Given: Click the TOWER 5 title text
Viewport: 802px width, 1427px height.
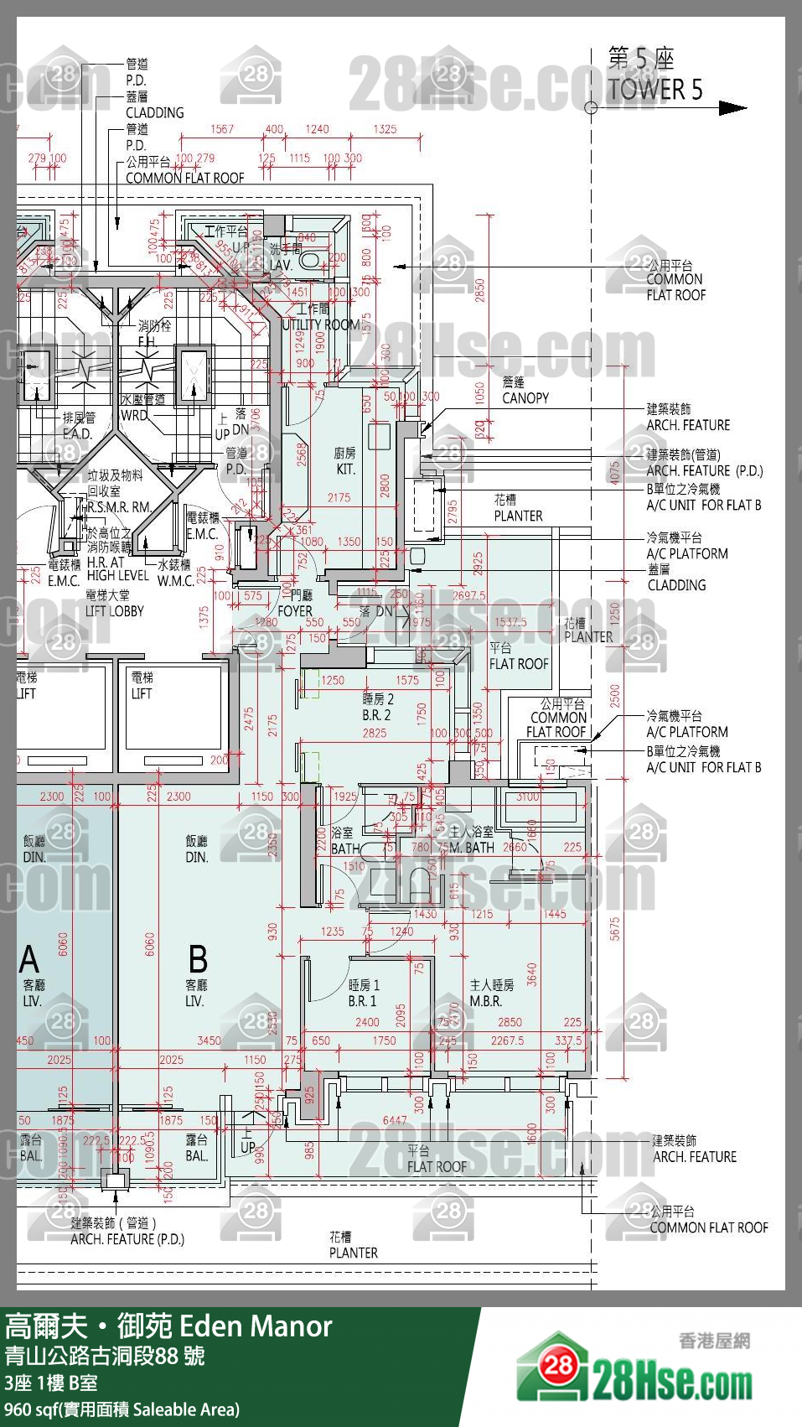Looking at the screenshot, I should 655,89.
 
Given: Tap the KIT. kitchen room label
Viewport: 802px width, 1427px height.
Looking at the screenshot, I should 345,470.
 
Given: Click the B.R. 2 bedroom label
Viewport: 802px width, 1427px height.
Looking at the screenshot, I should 376,715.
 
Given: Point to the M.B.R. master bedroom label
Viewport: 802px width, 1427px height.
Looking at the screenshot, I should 485,1001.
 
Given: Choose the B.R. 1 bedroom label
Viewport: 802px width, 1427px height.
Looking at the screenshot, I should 362,1001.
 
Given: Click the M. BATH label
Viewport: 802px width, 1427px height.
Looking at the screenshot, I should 472,848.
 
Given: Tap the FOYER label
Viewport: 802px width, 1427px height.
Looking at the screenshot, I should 294,611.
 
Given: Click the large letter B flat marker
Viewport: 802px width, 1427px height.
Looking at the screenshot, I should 198,959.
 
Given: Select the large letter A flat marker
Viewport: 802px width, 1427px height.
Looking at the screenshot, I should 29,959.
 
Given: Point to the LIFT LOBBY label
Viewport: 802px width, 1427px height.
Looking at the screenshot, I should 115,611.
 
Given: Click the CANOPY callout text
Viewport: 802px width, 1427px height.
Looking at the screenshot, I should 525,398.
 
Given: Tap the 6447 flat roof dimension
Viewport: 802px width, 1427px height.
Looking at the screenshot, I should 394,1120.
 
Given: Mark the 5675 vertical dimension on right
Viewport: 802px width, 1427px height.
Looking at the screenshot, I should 614,928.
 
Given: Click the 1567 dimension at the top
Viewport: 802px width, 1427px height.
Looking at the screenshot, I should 222,129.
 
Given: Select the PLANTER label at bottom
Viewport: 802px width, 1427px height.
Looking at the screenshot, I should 353,1253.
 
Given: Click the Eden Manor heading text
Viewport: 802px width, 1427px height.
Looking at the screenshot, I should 256,1326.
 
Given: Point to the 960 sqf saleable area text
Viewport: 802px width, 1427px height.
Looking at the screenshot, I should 122,1409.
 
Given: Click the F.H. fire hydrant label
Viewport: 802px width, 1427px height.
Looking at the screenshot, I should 147,341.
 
